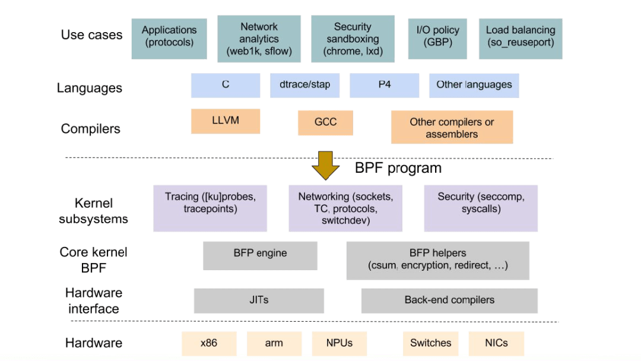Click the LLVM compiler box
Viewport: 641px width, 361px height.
226,121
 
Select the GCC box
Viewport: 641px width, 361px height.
325,123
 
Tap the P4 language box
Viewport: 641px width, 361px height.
384,85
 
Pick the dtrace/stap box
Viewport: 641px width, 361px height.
304,85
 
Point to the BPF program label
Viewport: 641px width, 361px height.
398,168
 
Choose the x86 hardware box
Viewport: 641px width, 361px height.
209,343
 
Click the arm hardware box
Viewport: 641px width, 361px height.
274,343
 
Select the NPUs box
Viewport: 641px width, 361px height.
339,343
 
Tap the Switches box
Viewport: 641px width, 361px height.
430,343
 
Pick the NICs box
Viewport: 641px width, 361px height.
496,343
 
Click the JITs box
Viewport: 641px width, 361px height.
259,300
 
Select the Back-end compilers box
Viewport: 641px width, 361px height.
449,300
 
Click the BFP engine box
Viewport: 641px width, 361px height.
260,255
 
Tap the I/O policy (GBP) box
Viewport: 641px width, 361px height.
437,39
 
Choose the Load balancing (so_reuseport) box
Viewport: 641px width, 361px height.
521,39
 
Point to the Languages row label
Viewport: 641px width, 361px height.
90,88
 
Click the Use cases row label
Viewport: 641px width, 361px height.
91,35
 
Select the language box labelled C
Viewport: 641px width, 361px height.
226,85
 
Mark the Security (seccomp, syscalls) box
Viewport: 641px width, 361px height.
481,208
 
